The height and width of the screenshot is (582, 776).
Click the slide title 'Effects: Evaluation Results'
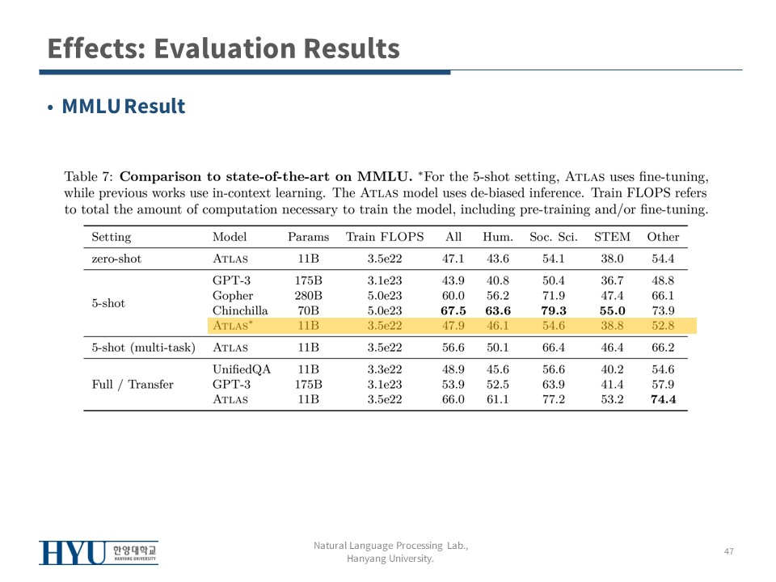[x=223, y=48]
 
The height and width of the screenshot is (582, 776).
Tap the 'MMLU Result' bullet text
[x=123, y=107]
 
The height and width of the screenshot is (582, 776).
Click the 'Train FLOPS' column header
[x=385, y=237]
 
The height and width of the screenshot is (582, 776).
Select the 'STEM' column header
[x=612, y=237]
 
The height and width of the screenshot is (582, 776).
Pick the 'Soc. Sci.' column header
[x=554, y=237]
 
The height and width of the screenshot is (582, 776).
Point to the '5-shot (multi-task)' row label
[x=144, y=348]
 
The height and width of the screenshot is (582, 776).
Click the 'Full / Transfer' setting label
[x=133, y=384]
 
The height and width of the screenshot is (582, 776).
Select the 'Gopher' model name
[x=233, y=296]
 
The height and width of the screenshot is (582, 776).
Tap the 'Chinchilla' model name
[x=240, y=310]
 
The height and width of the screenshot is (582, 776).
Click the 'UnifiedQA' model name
[x=242, y=369]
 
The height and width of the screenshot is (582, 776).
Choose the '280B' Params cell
[x=309, y=296]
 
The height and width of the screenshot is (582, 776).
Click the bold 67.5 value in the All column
[x=453, y=310]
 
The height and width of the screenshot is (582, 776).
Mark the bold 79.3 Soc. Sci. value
[x=554, y=310]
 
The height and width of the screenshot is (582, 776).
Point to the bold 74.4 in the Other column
[x=663, y=399]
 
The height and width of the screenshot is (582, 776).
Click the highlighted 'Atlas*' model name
[x=232, y=326]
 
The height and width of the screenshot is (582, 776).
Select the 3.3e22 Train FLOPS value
[x=385, y=369]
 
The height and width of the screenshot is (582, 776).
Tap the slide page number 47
[x=729, y=551]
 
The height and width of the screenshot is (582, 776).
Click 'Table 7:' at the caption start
[x=88, y=176]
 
